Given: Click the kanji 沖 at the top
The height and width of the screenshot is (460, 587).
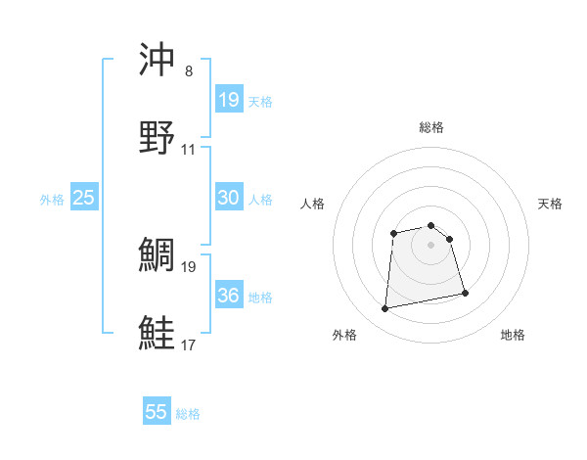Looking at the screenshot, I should point(158,61).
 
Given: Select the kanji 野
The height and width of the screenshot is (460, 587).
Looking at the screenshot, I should point(158,138).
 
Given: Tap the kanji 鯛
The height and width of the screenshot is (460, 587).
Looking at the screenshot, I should point(158,255).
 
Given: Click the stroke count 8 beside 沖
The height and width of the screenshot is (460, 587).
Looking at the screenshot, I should point(189,71).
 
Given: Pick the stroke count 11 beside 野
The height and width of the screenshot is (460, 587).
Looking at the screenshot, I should point(189,150).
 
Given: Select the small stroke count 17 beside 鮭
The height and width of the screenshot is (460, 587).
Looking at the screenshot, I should point(189,345).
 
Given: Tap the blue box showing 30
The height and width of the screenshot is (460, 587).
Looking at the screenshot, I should point(228,198).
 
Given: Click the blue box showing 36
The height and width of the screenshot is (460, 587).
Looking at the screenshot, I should point(228,296).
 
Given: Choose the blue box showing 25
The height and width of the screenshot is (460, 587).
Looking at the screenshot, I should point(84,198).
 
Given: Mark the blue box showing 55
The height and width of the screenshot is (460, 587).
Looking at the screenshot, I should point(157,412).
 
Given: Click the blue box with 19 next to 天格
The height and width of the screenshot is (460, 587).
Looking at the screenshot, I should point(228,99).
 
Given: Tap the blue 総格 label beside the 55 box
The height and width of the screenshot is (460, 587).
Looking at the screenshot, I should point(188,414).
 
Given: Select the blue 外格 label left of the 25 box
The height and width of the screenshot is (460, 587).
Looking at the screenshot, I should point(52,199).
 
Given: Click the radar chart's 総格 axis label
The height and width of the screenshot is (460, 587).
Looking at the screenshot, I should point(431,127).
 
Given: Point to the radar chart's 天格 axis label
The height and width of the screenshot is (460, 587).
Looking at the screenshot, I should point(551,204).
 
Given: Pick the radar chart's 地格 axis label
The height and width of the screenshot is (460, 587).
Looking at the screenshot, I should point(513,336).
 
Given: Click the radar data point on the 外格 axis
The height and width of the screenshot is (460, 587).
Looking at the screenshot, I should point(385,309).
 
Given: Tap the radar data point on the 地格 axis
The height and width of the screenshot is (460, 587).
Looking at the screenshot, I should point(465,293).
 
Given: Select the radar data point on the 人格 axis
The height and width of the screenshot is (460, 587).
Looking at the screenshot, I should point(393,233).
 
